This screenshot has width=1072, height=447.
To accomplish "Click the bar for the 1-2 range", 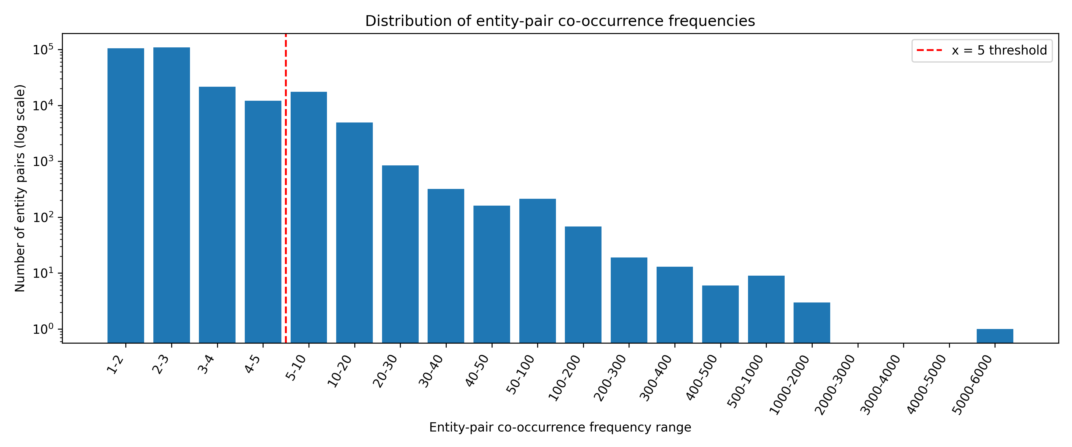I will click(126, 195).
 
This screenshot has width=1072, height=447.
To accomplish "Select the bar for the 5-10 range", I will click(309, 217).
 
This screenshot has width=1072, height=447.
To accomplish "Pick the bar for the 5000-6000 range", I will click(995, 336).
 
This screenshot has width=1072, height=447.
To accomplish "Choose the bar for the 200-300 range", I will click(629, 300).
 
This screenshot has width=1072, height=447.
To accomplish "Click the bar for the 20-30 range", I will click(400, 254).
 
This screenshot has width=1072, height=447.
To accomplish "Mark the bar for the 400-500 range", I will click(720, 314).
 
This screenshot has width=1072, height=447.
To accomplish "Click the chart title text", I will click(560, 21).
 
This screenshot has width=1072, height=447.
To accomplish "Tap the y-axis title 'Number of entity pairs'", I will click(20, 188).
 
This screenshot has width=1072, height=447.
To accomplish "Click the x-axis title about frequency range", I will click(560, 427).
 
